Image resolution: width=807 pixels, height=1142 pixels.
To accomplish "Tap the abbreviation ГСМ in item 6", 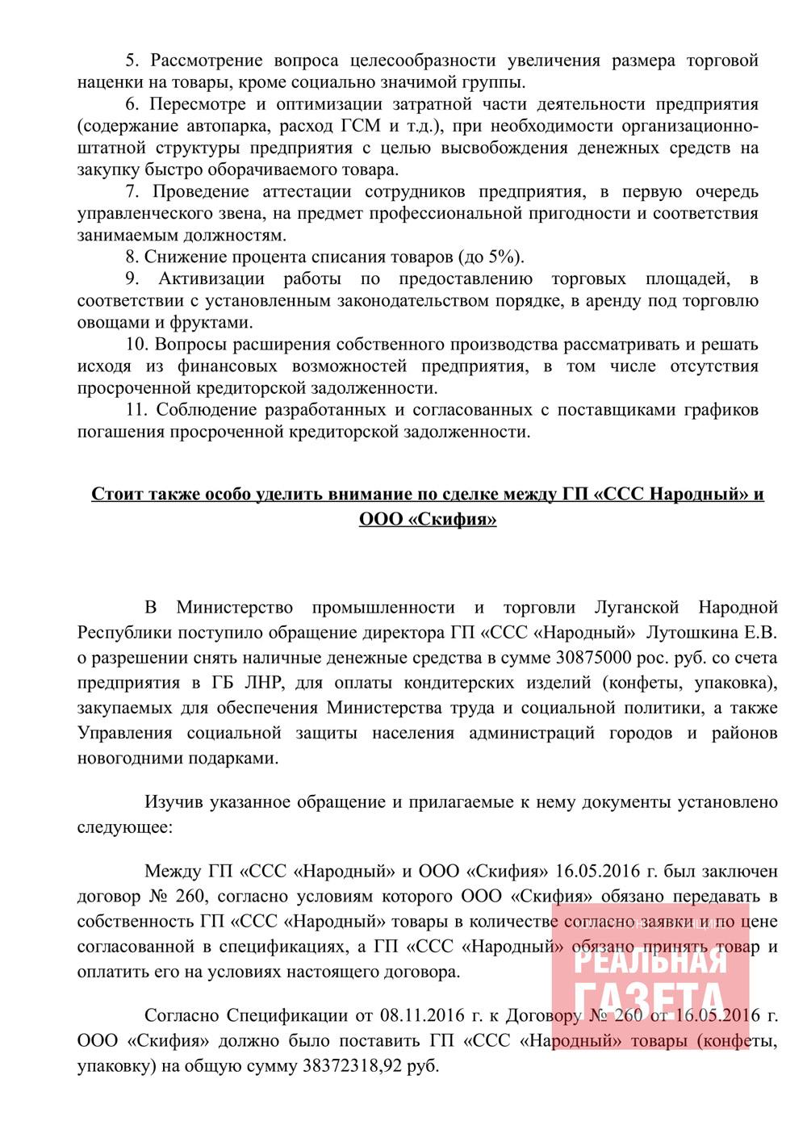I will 365,126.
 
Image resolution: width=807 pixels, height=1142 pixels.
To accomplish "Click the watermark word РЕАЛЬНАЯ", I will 650,960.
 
